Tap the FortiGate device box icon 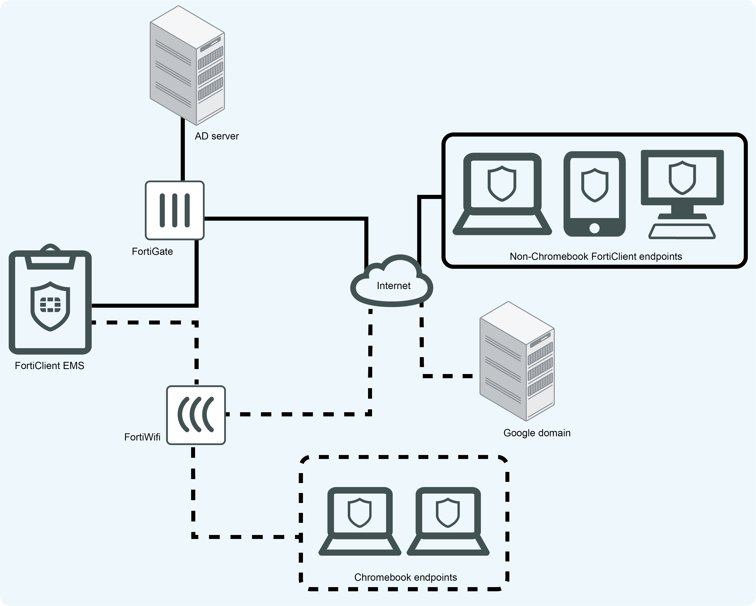point(175,210)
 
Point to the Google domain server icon point(517,361)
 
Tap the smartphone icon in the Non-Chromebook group point(594,194)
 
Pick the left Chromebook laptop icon point(360,521)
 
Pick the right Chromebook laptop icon point(448,521)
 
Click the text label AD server point(217,136)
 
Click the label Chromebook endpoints point(405,577)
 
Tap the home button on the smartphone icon point(594,228)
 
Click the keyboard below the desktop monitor point(682,232)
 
